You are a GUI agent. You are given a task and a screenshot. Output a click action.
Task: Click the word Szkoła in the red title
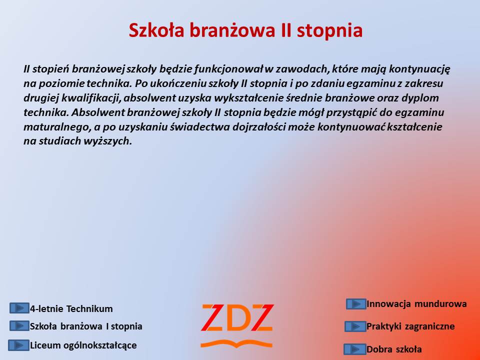pos(156,30)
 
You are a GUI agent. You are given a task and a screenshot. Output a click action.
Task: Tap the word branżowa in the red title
pos(232,30)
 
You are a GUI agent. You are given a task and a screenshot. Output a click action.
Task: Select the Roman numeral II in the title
pos(285,30)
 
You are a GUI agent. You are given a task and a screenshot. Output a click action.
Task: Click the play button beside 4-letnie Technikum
pos(19,308)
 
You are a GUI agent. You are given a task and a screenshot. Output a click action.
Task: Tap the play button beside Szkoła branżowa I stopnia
pos(19,325)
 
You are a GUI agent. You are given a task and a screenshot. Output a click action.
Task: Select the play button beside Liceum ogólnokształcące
pos(18,345)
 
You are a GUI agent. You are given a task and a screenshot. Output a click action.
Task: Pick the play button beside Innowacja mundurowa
pos(356,304)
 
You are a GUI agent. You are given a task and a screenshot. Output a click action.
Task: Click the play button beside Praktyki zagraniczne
pos(355,326)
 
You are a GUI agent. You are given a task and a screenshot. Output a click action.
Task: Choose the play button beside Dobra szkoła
pos(355,349)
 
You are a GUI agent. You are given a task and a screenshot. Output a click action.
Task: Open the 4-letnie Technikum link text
pos(71,308)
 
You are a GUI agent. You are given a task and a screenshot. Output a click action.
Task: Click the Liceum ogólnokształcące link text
pos(83,345)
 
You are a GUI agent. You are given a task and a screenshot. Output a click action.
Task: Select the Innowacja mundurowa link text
pos(416,303)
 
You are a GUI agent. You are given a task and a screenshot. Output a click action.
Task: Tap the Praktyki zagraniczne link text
pos(410,326)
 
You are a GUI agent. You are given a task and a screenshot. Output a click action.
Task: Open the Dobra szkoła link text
pos(394,349)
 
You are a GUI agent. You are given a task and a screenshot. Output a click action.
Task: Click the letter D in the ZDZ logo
pos(236,318)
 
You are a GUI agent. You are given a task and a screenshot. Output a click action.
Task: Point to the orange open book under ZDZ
pos(236,343)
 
